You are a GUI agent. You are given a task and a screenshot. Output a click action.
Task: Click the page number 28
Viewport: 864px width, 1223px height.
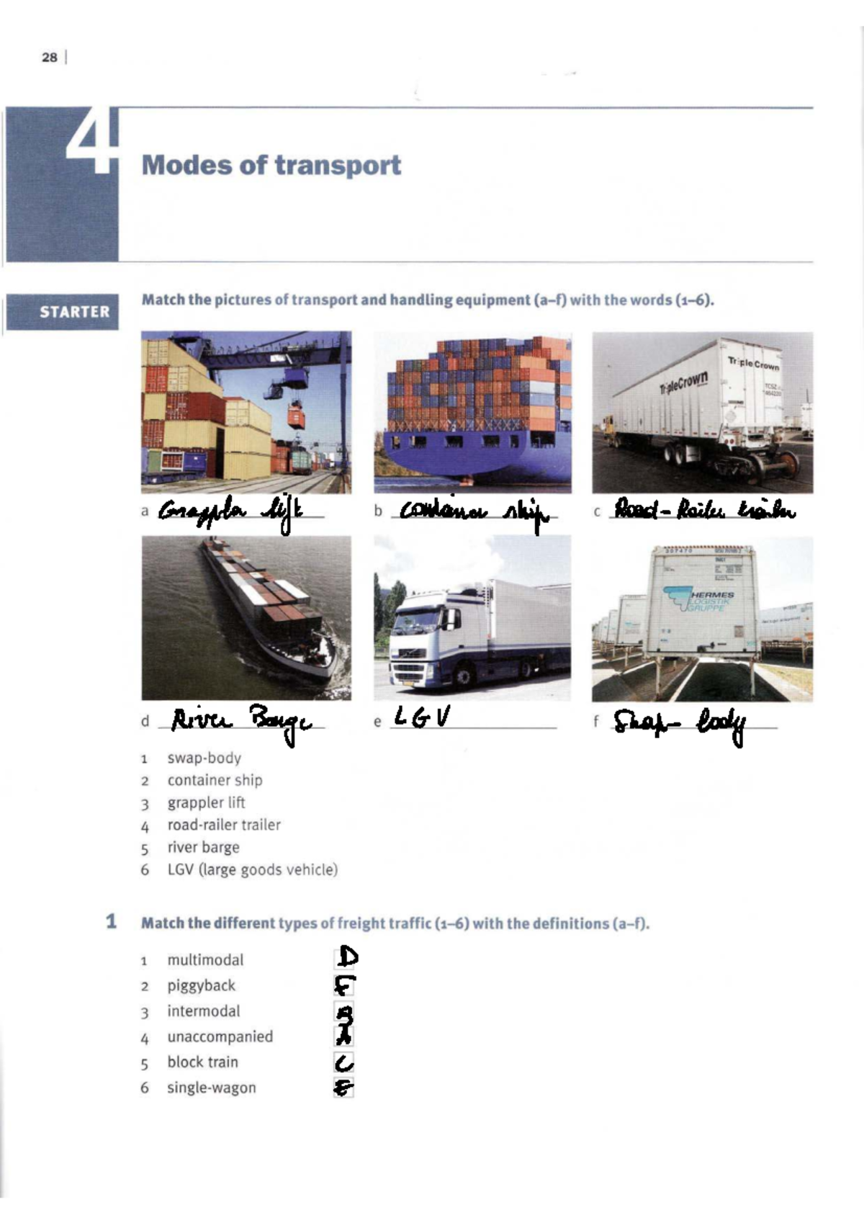click(49, 57)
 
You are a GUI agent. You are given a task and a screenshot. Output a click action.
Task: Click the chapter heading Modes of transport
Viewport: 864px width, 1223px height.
click(271, 165)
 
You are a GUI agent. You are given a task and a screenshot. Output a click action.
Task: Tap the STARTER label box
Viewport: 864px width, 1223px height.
click(74, 312)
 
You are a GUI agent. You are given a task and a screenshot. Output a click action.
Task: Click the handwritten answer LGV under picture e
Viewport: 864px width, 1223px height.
click(422, 717)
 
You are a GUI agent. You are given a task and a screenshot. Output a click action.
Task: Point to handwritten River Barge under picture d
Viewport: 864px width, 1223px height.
click(241, 721)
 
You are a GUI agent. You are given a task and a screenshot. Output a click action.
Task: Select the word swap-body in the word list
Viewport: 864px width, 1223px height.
click(204, 758)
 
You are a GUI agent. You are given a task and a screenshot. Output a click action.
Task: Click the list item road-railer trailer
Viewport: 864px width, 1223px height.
click(223, 825)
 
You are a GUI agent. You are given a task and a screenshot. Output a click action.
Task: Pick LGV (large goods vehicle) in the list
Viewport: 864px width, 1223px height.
click(252, 869)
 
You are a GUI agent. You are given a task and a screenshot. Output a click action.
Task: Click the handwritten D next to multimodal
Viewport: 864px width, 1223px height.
click(347, 957)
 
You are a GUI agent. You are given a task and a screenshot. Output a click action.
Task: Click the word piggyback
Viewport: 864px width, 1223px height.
click(201, 985)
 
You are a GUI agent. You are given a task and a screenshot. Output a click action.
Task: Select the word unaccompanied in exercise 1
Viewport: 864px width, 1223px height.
click(220, 1036)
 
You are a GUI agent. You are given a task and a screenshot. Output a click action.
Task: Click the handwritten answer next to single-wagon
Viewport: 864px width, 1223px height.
click(343, 1088)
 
